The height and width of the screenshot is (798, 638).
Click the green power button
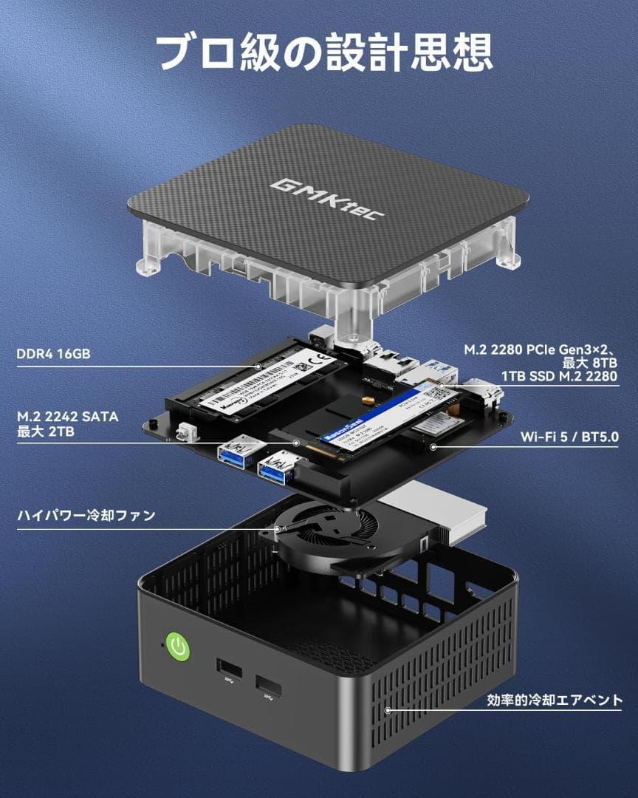pyautogui.click(x=177, y=648)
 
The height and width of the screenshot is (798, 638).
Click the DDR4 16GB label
pyautogui.click(x=53, y=354)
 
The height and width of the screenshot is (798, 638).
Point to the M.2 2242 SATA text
pyautogui.click(x=67, y=417)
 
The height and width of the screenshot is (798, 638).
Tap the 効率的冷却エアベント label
pyautogui.click(x=555, y=700)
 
